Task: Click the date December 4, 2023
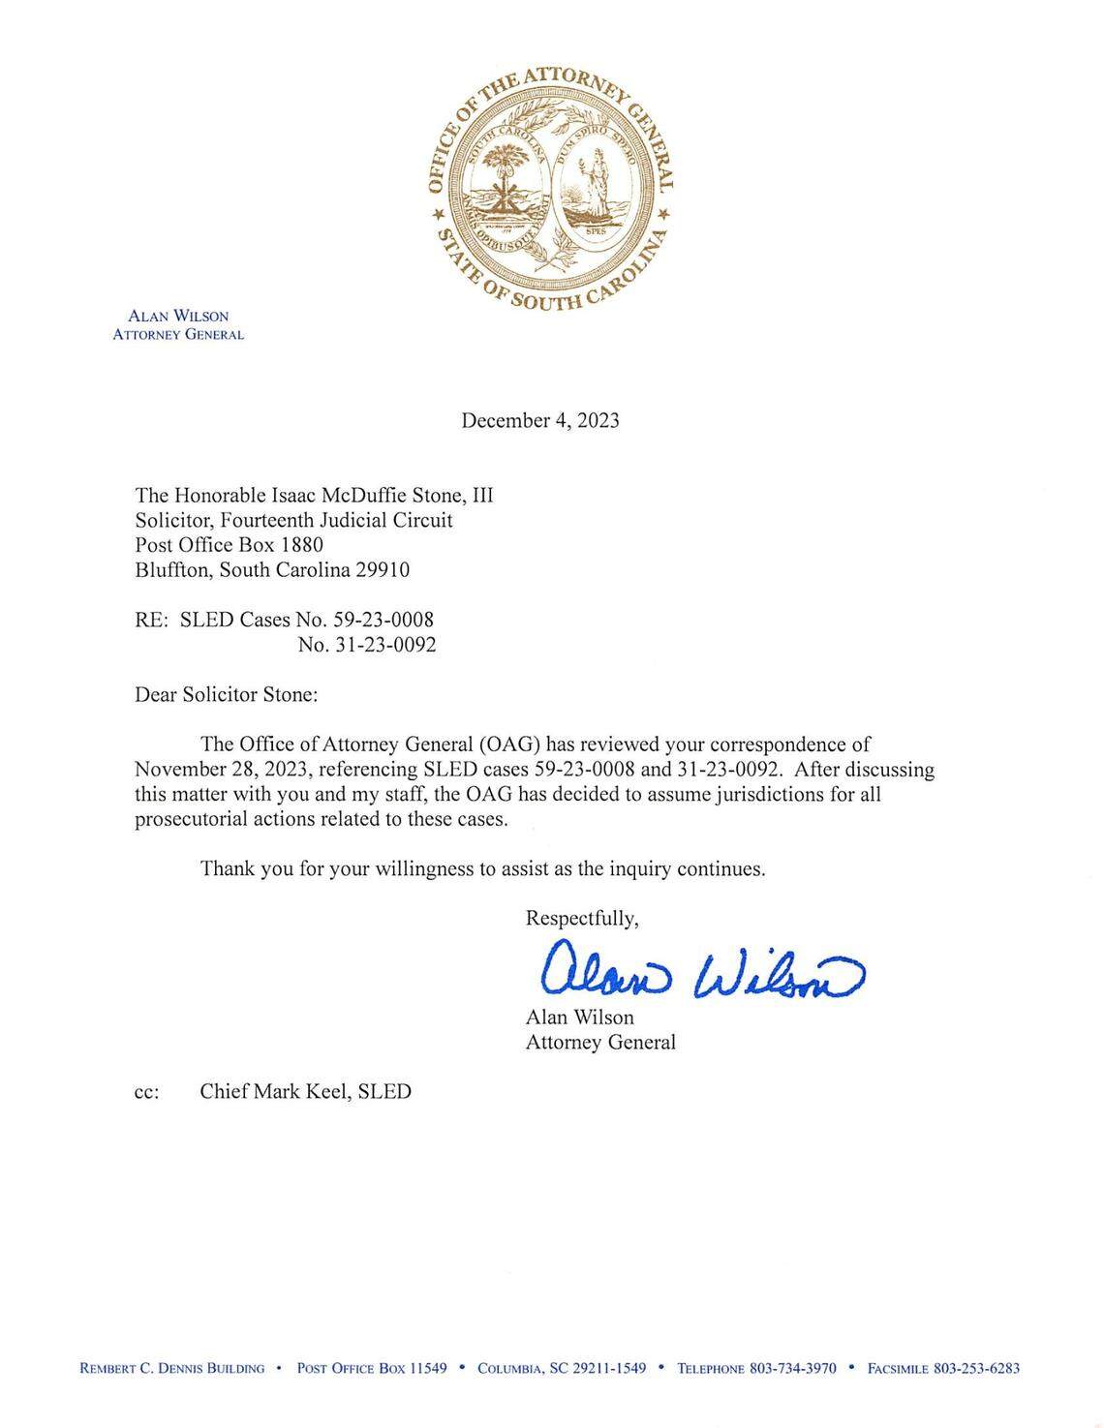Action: [539, 420]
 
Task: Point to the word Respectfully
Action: [581, 918]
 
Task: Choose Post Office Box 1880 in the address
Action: [229, 545]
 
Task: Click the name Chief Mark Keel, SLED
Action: [305, 1091]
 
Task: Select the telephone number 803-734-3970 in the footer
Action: [793, 1368]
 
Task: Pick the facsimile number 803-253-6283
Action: [976, 1368]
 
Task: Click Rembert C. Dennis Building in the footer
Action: [171, 1368]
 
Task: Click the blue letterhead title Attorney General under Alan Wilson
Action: [178, 335]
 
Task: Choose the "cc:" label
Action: [147, 1092]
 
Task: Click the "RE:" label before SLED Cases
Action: [152, 620]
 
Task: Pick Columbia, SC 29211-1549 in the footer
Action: [562, 1368]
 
